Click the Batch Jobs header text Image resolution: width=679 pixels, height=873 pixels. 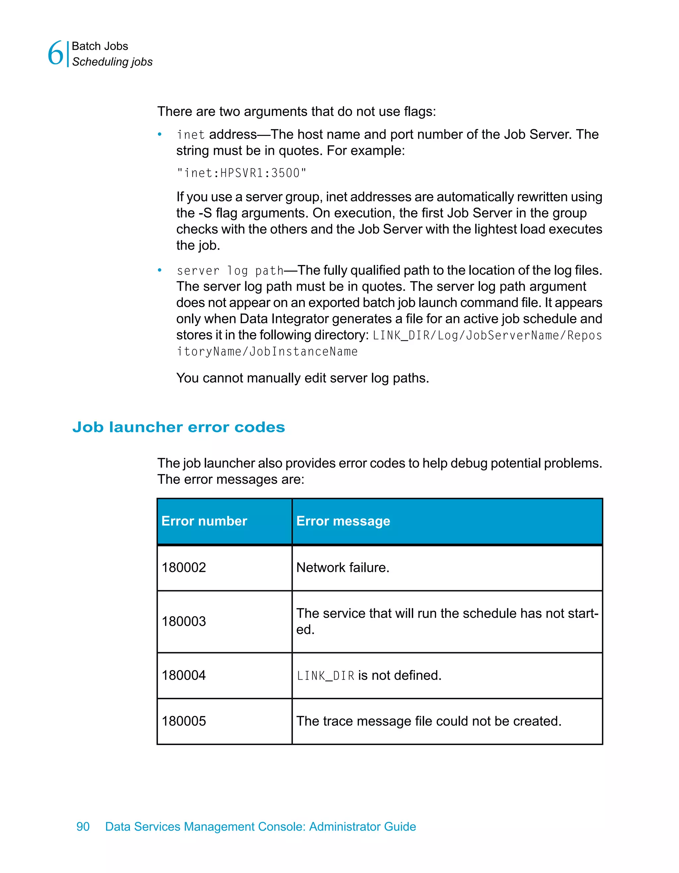[x=100, y=46]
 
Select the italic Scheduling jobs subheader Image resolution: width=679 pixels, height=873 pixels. [x=112, y=62]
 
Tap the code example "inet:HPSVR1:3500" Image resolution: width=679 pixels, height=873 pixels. [x=241, y=173]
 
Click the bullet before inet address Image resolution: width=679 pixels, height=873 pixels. [x=159, y=135]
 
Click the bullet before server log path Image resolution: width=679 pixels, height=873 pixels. [x=159, y=271]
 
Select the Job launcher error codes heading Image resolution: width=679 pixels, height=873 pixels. [x=179, y=427]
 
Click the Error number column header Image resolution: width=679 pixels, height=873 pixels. [x=204, y=521]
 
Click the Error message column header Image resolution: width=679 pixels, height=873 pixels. [x=343, y=521]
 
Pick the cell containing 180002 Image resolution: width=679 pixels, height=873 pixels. [x=184, y=568]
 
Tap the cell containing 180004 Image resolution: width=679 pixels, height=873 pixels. [x=184, y=675]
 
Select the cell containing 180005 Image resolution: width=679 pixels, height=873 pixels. [x=184, y=721]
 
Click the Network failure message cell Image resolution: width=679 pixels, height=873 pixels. [x=342, y=568]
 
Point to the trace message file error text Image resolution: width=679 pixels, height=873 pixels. [x=428, y=721]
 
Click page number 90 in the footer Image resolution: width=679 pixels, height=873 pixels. [x=83, y=827]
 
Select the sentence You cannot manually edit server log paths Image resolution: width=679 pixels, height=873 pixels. [x=302, y=378]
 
